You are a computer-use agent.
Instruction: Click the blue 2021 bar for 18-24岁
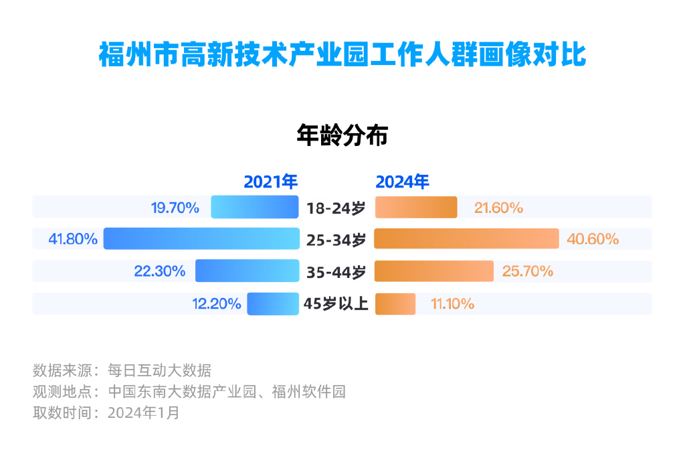coord(255,208)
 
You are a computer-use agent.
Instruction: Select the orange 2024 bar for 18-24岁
coord(415,208)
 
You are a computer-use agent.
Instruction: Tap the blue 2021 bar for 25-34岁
coord(201,239)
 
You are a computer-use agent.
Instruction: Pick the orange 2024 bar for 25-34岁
coord(466,239)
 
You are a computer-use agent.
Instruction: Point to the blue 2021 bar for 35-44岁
coord(247,271)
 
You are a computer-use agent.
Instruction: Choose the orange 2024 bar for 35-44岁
coord(433,271)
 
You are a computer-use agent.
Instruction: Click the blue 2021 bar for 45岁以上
coord(273,304)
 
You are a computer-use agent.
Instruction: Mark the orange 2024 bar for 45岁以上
coord(395,304)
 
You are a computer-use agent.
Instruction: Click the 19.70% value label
coord(175,208)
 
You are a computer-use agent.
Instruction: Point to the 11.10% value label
coord(453,304)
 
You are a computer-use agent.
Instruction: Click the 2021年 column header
coord(270,182)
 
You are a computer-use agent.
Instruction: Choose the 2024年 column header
coord(402,182)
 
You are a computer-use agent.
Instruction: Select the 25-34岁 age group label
coord(336,240)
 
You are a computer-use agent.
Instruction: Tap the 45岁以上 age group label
coord(336,304)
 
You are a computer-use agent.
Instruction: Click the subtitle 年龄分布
coord(342,136)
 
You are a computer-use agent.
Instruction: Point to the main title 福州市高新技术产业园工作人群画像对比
coord(342,55)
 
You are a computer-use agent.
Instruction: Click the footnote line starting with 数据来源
coord(122,370)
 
